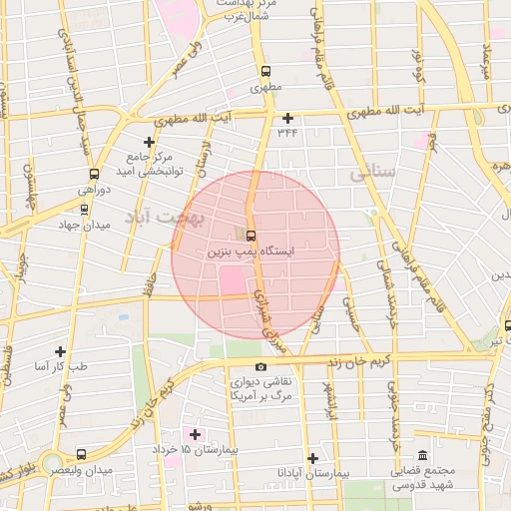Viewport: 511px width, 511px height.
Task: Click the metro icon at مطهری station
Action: point(265,72)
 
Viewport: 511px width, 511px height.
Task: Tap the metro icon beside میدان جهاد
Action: point(84,210)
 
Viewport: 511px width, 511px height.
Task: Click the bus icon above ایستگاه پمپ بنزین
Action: point(250,236)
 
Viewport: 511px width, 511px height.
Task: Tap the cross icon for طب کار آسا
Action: point(61,351)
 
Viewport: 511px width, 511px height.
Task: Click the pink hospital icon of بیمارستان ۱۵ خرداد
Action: point(195,434)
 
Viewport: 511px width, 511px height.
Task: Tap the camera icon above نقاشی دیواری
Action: point(261,366)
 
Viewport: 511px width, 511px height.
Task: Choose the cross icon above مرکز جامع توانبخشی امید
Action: point(150,142)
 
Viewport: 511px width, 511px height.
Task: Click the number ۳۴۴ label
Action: point(287,131)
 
